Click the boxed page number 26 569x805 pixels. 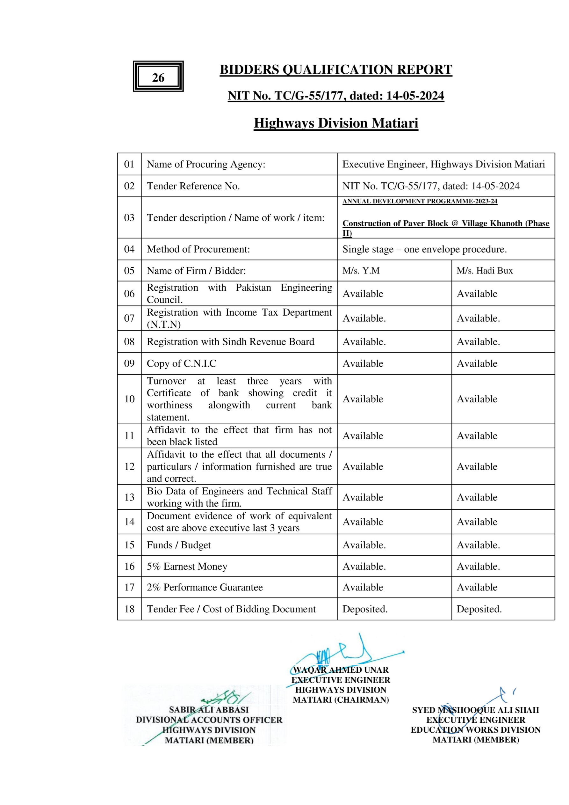coord(158,77)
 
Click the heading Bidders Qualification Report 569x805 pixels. coord(336,70)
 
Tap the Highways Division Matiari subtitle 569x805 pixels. coord(336,123)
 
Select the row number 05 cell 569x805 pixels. coord(129,270)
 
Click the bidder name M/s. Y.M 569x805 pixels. coord(361,271)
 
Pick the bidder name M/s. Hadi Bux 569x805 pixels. coord(484,271)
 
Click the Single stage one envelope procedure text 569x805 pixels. coord(424,249)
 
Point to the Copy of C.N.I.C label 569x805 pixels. coord(182,363)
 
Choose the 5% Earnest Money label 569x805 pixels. coord(187,566)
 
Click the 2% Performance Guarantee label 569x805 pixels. coord(205,587)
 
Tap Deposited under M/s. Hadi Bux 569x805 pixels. coord(479,609)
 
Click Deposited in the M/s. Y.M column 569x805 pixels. coord(365,609)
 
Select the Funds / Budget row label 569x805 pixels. coord(179,545)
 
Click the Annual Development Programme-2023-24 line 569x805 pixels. coord(420,201)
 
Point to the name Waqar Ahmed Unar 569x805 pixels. coord(341,670)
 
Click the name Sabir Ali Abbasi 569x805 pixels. coord(208,710)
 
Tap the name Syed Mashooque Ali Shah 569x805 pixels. coord(475,710)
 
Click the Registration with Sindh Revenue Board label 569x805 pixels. coord(230,341)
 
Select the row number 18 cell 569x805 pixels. coord(129,609)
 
